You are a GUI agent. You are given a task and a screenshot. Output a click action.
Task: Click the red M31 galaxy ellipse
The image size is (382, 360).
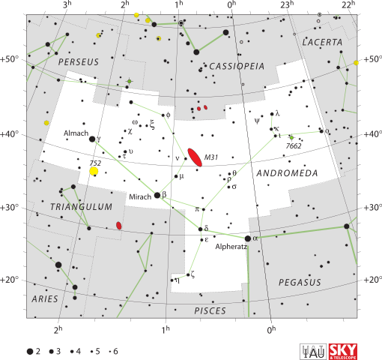195,157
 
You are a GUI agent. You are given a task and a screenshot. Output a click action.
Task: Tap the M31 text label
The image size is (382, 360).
211,157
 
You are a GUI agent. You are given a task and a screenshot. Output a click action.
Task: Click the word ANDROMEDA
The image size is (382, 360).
286,172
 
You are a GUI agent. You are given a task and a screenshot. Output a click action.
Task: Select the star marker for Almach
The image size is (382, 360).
92,139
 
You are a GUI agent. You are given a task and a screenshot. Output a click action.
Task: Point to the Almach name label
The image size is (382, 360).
76,133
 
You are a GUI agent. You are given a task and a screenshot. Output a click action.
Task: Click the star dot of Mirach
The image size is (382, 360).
157,195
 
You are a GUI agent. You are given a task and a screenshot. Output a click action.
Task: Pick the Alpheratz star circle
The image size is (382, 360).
248,238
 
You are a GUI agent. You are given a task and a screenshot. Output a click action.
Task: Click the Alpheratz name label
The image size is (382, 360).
230,246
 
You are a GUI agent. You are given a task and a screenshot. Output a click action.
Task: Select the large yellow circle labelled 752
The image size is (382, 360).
94,172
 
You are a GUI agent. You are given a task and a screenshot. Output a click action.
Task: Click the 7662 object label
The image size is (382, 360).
293,146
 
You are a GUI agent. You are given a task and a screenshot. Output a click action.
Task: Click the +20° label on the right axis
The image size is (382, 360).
370,279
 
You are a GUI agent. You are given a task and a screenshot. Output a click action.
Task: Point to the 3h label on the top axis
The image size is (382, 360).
67,5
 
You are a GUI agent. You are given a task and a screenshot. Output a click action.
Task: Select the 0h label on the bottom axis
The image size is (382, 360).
271,329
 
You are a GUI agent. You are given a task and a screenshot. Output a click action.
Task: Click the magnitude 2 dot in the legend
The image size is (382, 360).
30,350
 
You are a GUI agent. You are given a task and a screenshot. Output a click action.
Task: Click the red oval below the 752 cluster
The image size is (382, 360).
118,226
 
